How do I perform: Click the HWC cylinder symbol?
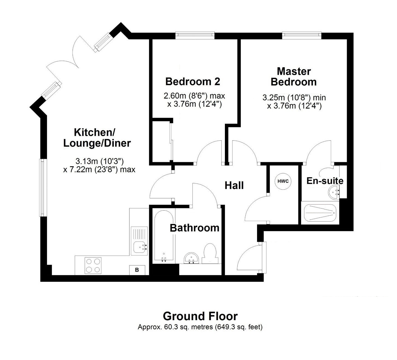click(x=283, y=181)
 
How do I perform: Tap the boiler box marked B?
click(x=137, y=270)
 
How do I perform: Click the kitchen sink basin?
click(x=139, y=247)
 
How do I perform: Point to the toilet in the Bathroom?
click(x=210, y=254)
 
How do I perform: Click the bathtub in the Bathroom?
click(x=164, y=236)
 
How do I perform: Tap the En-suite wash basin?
click(x=334, y=192)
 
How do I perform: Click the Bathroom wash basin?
click(x=191, y=258)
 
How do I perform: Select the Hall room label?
click(x=234, y=185)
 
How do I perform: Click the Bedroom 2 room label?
click(x=193, y=82)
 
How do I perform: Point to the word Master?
click(x=294, y=71)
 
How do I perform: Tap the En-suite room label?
click(x=325, y=181)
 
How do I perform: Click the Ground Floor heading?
click(x=200, y=316)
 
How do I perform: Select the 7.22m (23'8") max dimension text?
click(x=99, y=170)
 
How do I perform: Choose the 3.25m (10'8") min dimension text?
click(x=294, y=98)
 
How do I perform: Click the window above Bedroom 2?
click(x=195, y=34)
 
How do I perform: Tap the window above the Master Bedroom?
click(x=302, y=34)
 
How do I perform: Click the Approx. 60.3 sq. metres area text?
click(x=200, y=327)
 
